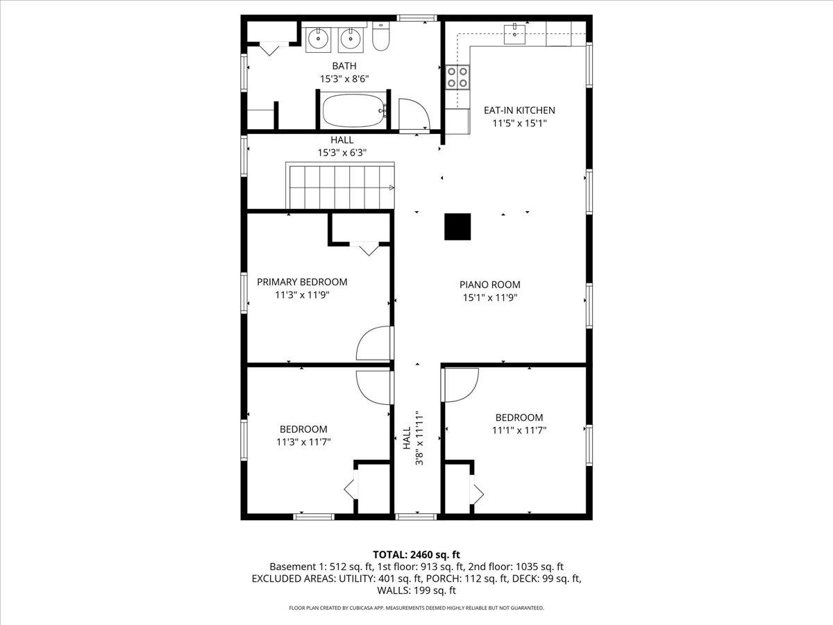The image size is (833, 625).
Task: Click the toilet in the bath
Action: [x=380, y=39]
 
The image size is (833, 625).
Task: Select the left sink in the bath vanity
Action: [x=319, y=39]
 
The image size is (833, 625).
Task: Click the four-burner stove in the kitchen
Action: [x=457, y=77]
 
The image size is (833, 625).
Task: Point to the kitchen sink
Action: [x=514, y=34]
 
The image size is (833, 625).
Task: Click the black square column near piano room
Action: [x=457, y=226]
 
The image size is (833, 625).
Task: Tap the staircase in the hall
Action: [x=340, y=186]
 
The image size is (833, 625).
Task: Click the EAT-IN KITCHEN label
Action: [x=519, y=110]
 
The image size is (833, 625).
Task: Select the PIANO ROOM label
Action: [x=489, y=285]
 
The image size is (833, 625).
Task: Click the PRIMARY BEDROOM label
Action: [x=302, y=282]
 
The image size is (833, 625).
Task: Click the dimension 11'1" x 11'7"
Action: [x=519, y=430]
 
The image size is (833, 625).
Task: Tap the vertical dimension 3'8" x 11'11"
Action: [x=419, y=439]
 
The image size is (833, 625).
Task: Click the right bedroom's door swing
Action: [x=460, y=384]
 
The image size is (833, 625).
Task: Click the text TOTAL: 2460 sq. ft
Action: [x=416, y=554]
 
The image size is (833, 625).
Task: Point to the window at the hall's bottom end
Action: [x=416, y=517]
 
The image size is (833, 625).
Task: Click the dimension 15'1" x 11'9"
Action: [x=489, y=297]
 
